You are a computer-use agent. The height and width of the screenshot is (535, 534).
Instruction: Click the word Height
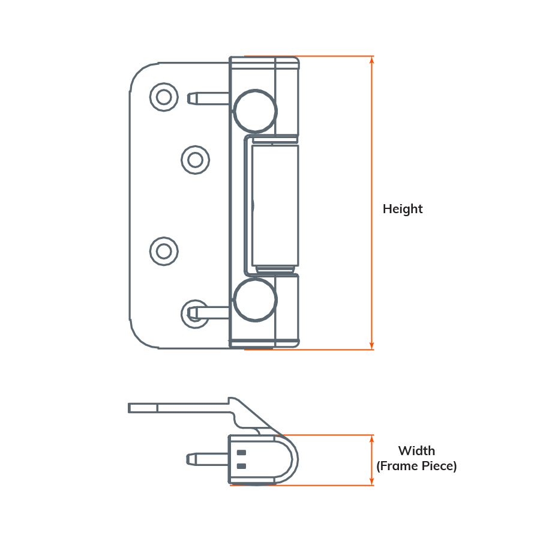coord(403,209)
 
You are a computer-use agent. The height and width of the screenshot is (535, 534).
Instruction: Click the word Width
coord(416,451)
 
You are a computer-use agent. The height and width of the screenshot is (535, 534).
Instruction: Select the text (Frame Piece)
coord(416,466)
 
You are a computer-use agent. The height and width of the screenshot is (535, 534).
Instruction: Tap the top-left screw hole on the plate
coord(163,96)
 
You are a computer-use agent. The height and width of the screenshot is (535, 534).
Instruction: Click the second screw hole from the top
coord(195,160)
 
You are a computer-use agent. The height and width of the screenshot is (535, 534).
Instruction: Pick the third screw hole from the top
coord(163,251)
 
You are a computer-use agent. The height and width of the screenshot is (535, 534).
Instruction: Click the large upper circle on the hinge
coord(255,111)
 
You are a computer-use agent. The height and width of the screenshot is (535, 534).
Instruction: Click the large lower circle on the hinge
coord(255,299)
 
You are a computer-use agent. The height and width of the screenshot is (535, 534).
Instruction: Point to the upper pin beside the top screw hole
coord(207,98)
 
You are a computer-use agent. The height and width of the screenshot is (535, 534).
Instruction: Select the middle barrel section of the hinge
coord(275,205)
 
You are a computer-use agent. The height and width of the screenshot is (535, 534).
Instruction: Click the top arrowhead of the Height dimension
coord(372,60)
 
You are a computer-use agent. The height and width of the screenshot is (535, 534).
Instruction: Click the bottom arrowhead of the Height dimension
coord(372,345)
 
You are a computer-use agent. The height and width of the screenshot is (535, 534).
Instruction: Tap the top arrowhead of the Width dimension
coord(372,438)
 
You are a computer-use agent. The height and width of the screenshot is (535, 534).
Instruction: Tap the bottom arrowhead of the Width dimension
coord(372,482)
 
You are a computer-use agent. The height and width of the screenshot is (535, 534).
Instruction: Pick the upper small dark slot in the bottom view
coord(242,453)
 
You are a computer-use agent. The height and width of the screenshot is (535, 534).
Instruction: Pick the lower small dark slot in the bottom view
coord(242,466)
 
